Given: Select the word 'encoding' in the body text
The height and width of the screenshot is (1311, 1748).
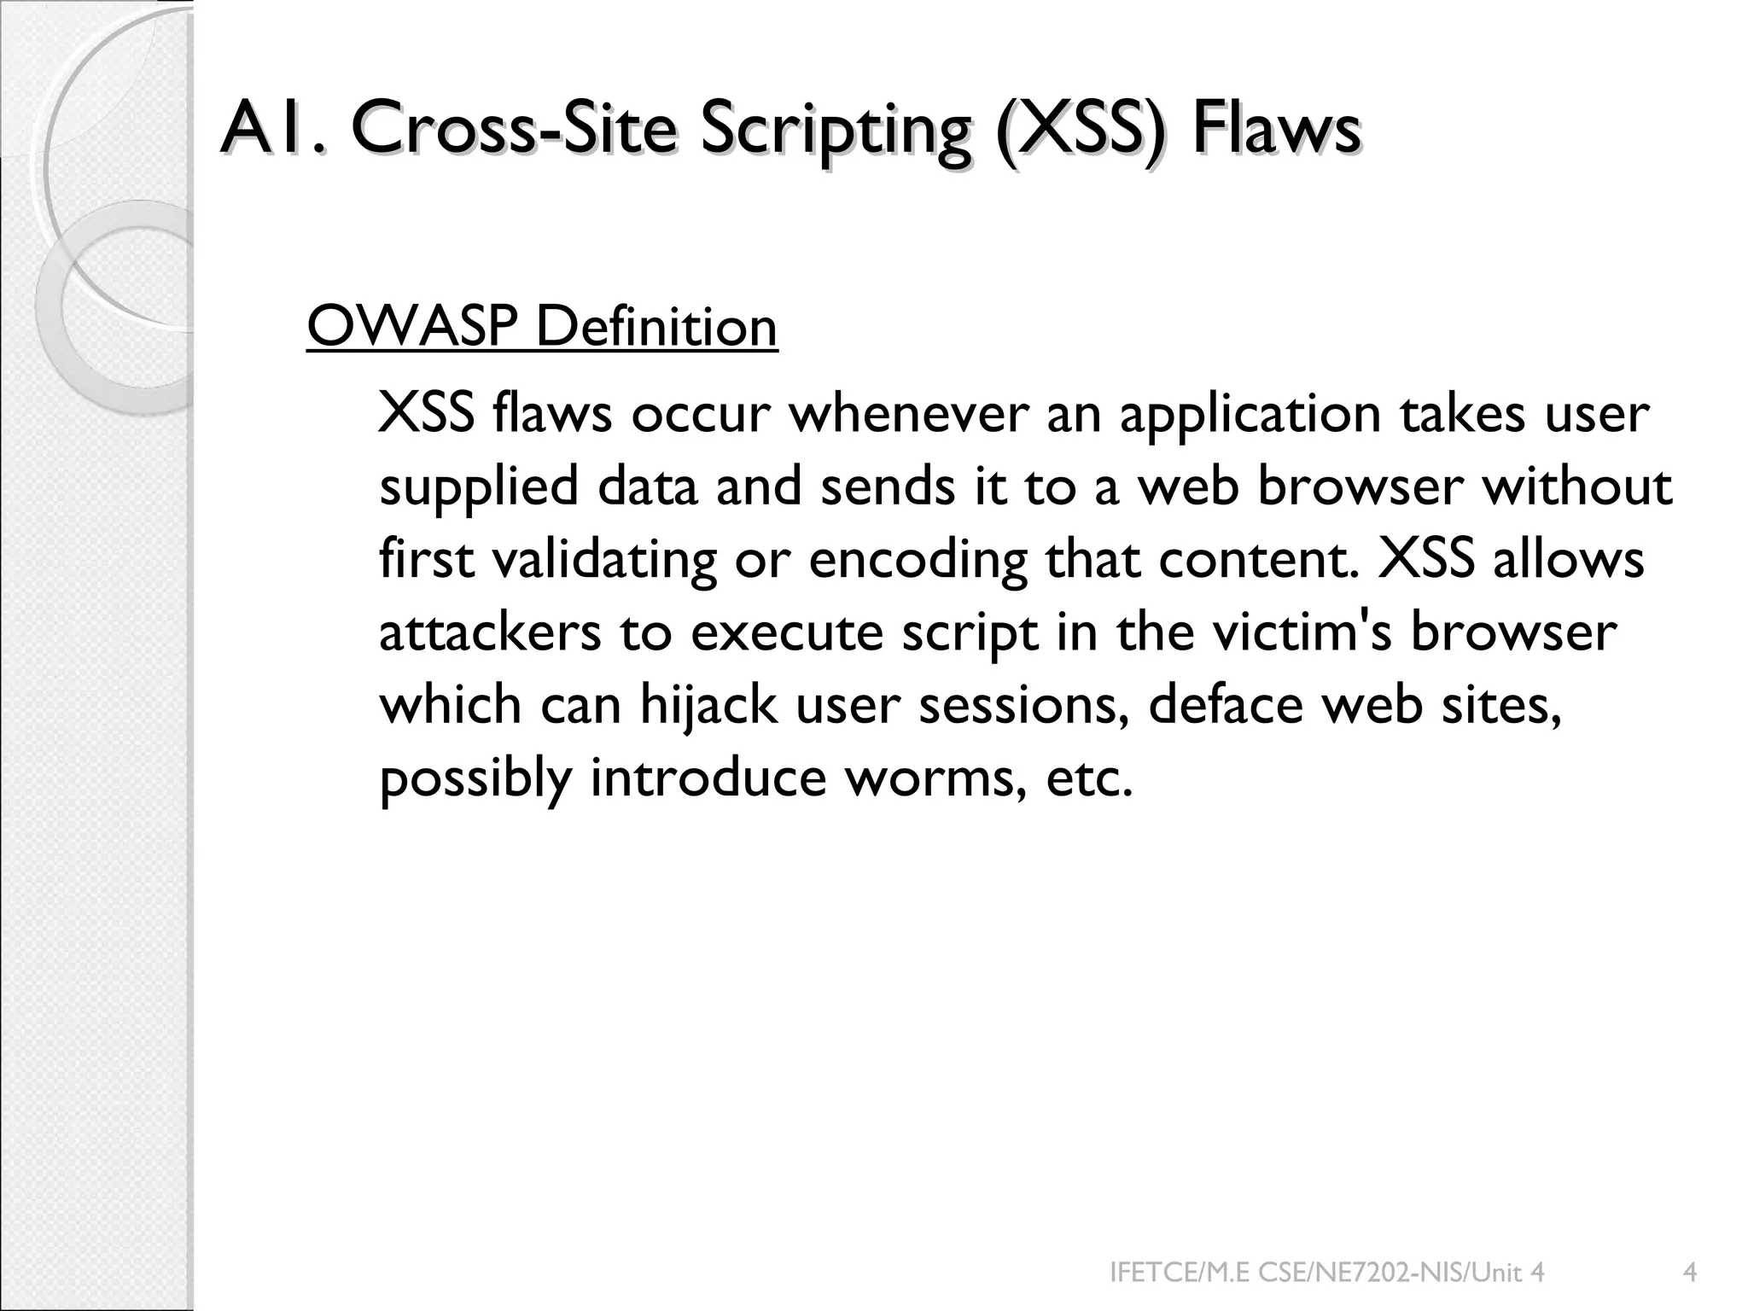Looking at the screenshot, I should click(918, 561).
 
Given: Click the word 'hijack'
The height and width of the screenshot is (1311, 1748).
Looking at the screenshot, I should click(708, 706).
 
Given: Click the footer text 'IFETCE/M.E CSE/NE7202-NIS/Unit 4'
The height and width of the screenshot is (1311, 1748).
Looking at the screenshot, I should click(1326, 1273).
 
